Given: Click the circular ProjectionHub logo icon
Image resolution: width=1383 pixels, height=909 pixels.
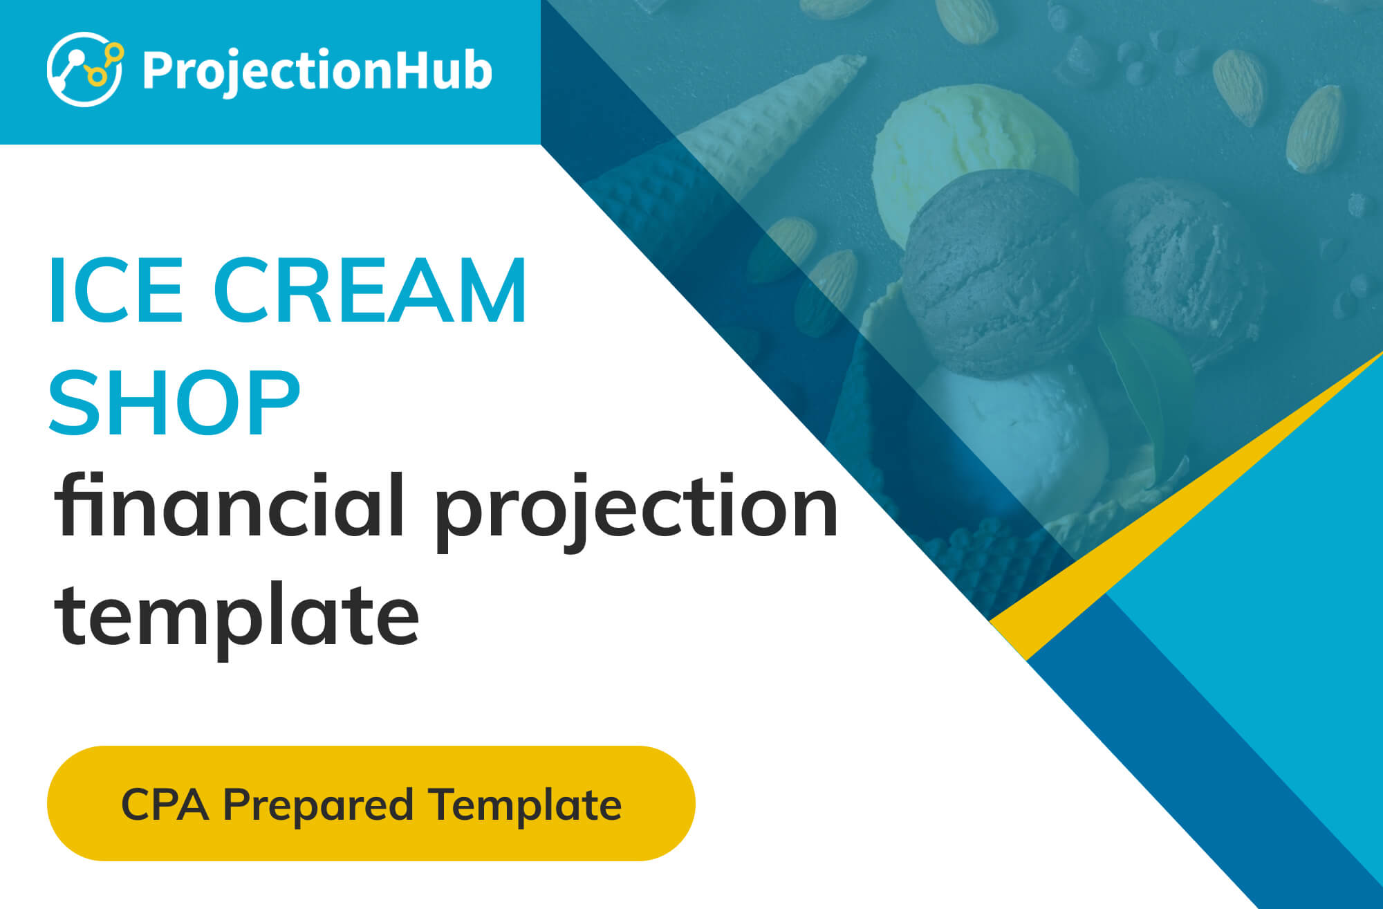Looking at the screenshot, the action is pos(85,69).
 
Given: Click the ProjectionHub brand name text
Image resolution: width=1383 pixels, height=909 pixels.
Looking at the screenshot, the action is pos(317,71).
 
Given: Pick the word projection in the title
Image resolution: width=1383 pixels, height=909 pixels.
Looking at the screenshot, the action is pos(637,512).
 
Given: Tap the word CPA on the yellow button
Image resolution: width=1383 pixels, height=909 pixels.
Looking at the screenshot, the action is pos(165,805).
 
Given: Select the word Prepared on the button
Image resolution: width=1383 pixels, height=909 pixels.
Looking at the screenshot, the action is pos(318,807).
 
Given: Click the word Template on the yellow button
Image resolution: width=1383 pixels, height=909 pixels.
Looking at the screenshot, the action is pos(525,806).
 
